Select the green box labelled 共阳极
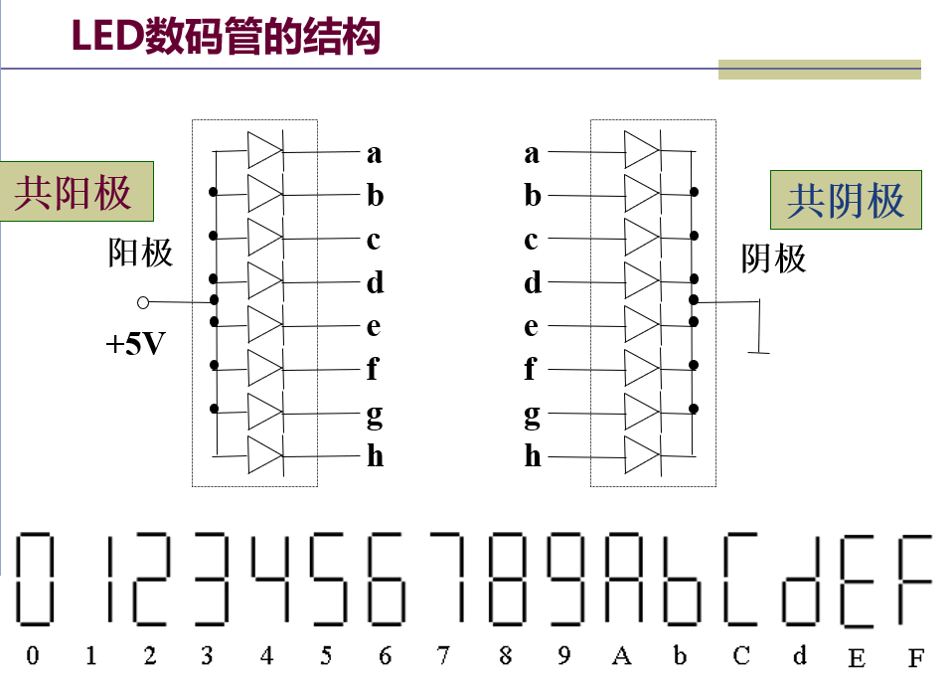pyautogui.click(x=75, y=191)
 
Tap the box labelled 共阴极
pyautogui.click(x=846, y=200)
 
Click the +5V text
pyautogui.click(x=134, y=345)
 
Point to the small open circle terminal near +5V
pyautogui.click(x=143, y=301)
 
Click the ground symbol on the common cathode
pyautogui.click(x=759, y=328)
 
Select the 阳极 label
pyautogui.click(x=140, y=253)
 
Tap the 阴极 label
pyautogui.click(x=773, y=258)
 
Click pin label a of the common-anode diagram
pyautogui.click(x=374, y=153)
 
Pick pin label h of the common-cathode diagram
pyautogui.click(x=533, y=456)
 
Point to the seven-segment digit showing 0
pyautogui.click(x=34, y=580)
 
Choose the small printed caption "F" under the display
pyautogui.click(x=915, y=657)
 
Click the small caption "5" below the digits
pyautogui.click(x=326, y=656)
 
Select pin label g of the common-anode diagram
pyautogui.click(x=374, y=414)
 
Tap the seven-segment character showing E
pyautogui.click(x=857, y=580)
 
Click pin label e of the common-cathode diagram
pyautogui.click(x=532, y=326)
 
